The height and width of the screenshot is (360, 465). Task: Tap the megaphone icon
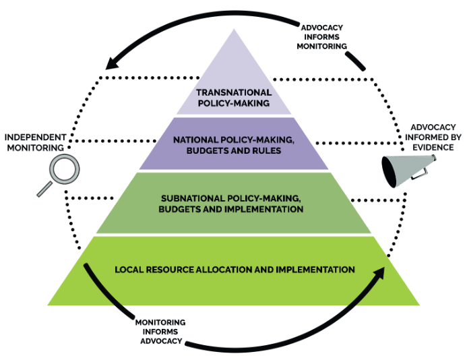[x=408, y=171]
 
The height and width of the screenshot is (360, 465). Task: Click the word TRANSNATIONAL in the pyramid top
[x=234, y=92]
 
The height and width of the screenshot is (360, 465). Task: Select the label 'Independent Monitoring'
[x=35, y=142]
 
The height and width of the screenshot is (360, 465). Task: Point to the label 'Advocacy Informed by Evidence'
[x=433, y=138]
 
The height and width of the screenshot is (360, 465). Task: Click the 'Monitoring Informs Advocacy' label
[x=161, y=332]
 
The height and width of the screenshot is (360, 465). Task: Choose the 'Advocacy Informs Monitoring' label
[x=322, y=37]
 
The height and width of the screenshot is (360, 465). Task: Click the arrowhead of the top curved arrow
[x=112, y=63]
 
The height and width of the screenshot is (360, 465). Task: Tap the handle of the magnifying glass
[x=44, y=189]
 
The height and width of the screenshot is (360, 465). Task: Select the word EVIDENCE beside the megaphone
[x=433, y=148]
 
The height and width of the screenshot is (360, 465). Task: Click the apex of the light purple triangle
[x=234, y=29]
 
